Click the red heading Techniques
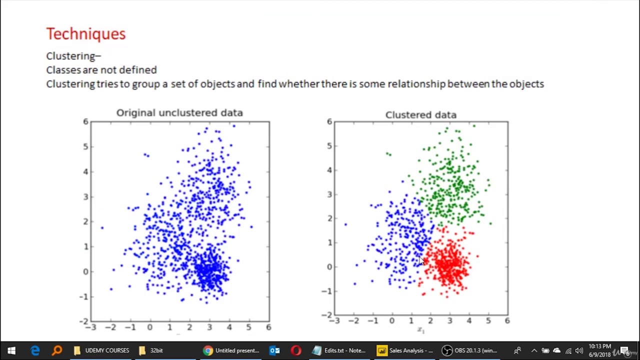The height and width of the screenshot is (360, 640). coord(85,34)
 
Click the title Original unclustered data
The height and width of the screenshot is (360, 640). coord(179,112)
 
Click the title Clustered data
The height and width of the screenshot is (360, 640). coord(420,115)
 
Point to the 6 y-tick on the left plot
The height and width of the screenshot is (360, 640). coord(85,121)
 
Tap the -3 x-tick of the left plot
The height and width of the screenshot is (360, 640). coord(90,327)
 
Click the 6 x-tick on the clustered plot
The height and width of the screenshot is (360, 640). coord(507,320)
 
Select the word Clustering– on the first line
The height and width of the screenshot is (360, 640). coord(73,56)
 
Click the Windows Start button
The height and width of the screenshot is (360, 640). coord(11,350)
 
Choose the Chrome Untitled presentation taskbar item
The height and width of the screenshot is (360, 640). coord(231,350)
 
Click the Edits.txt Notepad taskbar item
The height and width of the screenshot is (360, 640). coord(338,350)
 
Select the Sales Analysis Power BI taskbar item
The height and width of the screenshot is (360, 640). coord(405,350)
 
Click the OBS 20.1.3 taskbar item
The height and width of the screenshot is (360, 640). coord(470,350)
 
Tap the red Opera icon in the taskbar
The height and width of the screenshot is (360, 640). coord(296,350)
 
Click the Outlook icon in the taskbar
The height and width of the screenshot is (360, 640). coord(274,350)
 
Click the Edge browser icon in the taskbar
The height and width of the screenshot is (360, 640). coord(35,350)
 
